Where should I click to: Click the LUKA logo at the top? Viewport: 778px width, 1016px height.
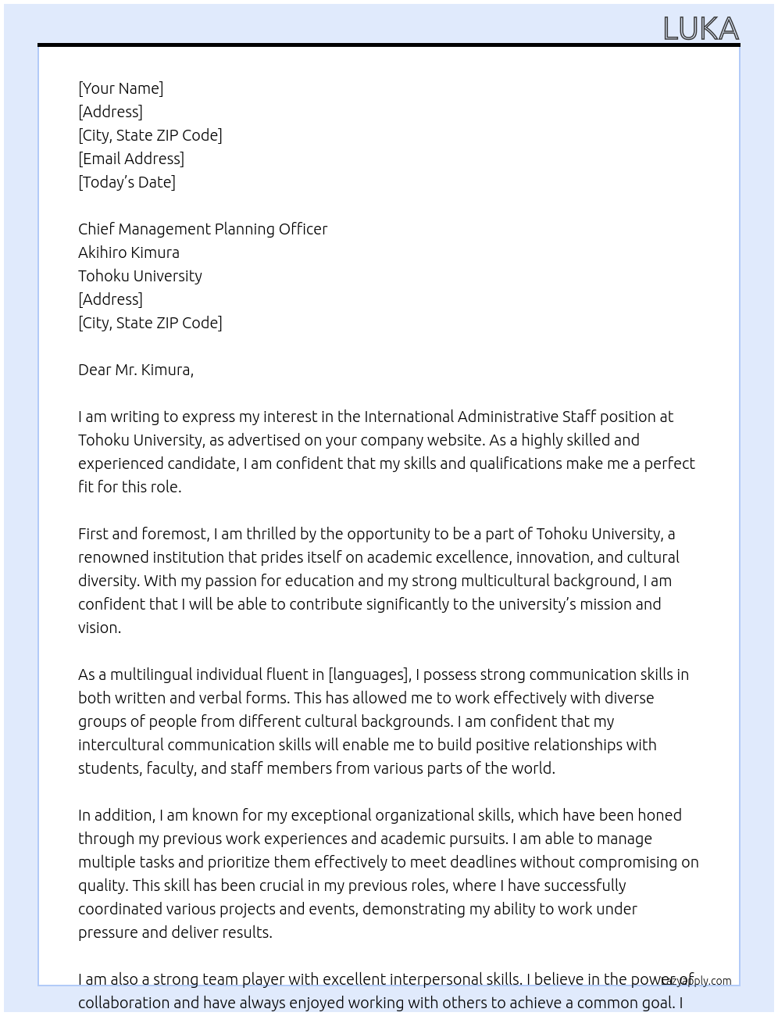[x=701, y=29]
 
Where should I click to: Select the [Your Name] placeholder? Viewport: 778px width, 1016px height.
[x=120, y=88]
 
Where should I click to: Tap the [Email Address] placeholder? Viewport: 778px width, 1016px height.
[x=131, y=159]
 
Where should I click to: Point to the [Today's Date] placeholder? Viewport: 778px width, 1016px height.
[x=127, y=182]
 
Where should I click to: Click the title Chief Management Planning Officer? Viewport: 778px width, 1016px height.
[x=202, y=229]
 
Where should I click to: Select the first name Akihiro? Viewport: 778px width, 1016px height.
[x=105, y=252]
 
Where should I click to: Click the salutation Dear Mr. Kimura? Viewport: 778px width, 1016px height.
[x=135, y=370]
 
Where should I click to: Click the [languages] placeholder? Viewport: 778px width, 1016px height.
[x=369, y=674]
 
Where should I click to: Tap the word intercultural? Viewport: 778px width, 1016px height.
[x=120, y=745]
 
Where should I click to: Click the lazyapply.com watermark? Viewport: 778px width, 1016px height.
[x=697, y=981]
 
